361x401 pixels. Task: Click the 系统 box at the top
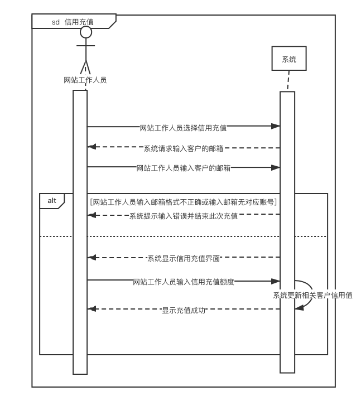(x=289, y=59)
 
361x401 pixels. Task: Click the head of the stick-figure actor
(x=85, y=32)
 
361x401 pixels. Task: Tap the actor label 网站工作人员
(x=85, y=80)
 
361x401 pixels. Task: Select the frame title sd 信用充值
(x=72, y=22)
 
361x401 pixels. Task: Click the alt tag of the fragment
(x=52, y=200)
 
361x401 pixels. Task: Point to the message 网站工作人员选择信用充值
(x=183, y=127)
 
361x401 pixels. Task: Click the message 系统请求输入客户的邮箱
(x=184, y=148)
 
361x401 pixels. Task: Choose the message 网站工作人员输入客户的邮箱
(x=184, y=167)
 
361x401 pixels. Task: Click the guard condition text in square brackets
(x=184, y=202)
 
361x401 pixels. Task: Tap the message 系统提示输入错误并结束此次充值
(x=184, y=216)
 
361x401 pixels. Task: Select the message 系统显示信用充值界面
(x=184, y=258)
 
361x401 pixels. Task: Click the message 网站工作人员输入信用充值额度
(x=184, y=282)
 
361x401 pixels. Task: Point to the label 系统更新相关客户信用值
(x=312, y=296)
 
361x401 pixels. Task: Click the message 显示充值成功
(x=184, y=310)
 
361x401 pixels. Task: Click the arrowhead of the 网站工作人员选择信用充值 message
(x=276, y=127)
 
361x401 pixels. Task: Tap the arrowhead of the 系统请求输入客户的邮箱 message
(x=93, y=147)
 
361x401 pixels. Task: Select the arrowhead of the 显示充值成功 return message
(x=93, y=308)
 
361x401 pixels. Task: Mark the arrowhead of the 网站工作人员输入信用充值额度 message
(x=276, y=281)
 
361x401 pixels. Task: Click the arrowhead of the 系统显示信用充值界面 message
(x=93, y=257)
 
